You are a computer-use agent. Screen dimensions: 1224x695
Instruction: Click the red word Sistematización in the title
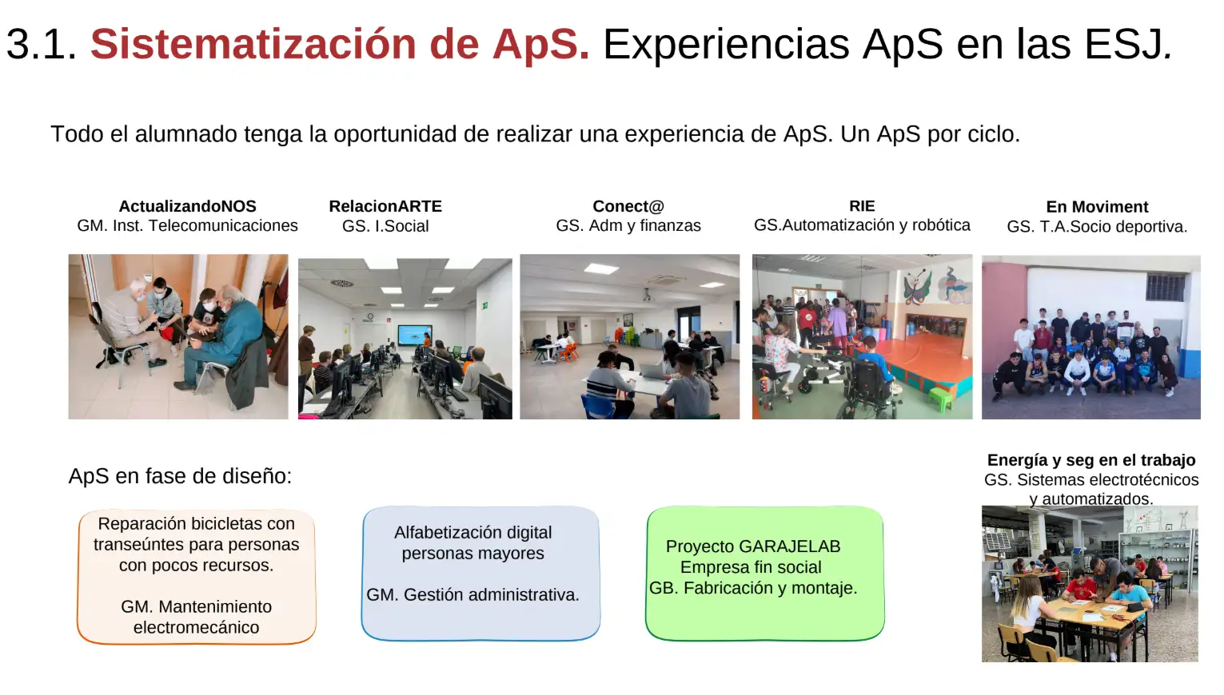253,44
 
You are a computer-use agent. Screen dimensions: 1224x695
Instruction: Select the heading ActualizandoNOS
187,206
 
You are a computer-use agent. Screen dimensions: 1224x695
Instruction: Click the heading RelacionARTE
385,206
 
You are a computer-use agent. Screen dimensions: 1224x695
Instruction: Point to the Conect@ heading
628,206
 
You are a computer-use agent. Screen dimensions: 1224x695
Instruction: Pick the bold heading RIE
862,206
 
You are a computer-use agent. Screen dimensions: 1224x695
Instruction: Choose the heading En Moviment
1097,207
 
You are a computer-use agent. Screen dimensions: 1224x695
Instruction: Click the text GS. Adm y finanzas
628,225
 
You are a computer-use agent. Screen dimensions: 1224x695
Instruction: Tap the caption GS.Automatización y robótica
862,225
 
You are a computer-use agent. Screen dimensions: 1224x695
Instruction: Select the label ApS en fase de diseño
181,476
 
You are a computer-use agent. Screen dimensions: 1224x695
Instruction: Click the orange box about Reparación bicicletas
196,577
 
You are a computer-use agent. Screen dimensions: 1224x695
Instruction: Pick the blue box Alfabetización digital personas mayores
480,574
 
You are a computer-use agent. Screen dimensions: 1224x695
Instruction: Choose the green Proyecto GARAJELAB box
765,574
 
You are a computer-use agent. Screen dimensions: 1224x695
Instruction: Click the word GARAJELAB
789,546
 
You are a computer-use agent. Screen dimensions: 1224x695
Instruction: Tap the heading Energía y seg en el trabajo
1091,460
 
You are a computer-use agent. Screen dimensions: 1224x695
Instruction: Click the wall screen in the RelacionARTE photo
415,335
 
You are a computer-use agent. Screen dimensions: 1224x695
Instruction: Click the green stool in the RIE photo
940,399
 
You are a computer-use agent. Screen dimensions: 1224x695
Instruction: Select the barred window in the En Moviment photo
1165,287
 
